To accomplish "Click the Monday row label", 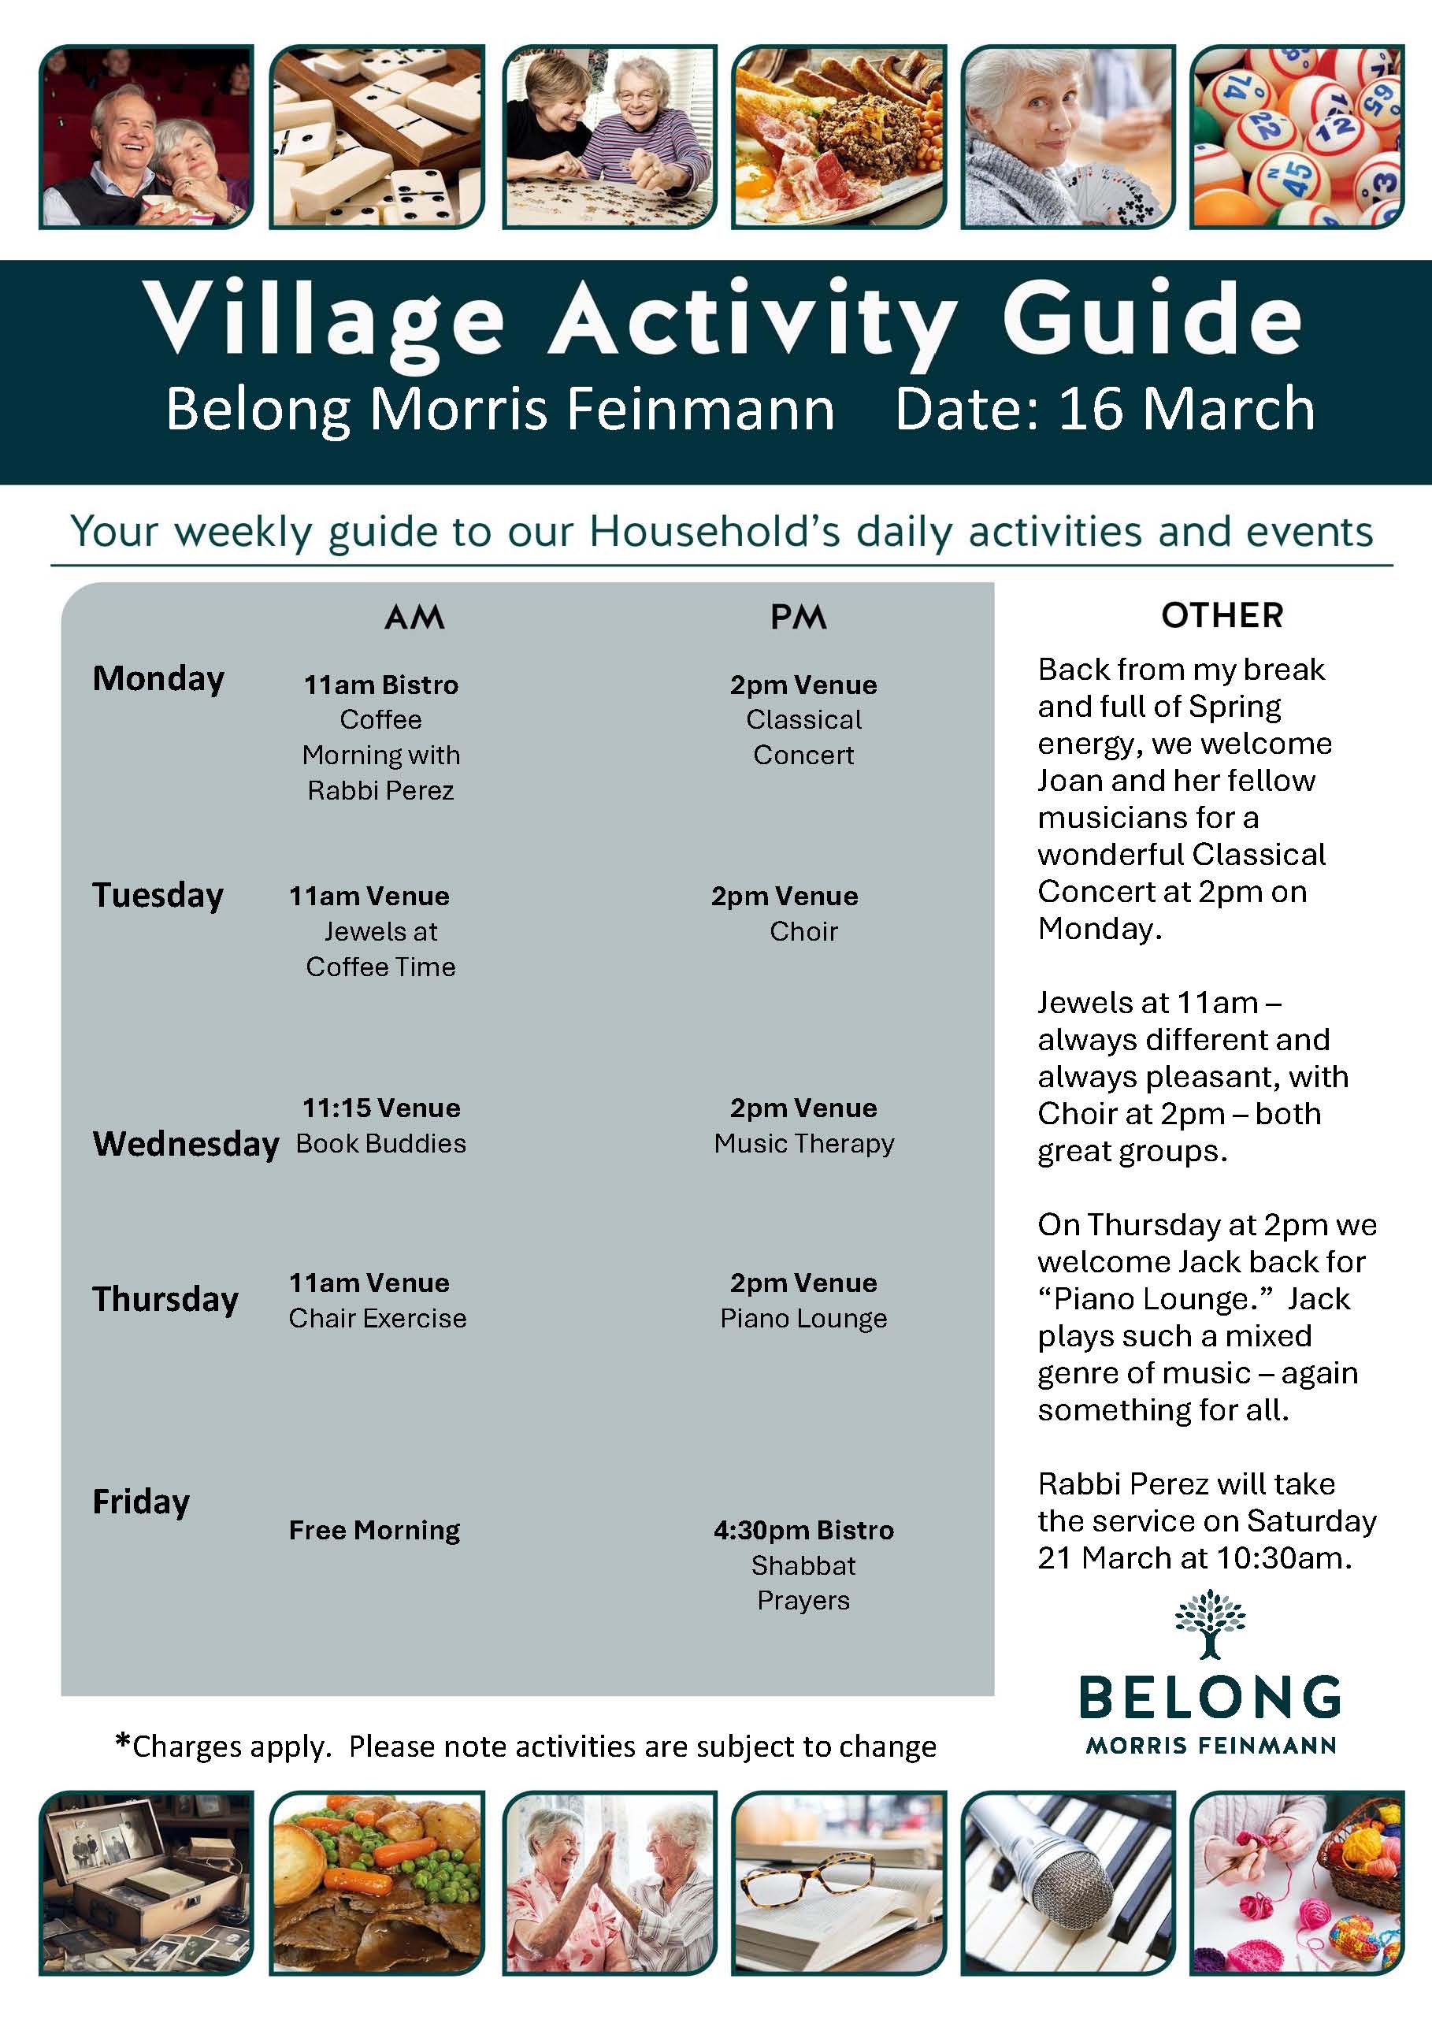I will [x=158, y=679].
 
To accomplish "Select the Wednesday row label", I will [x=185, y=1143].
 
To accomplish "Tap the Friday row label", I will [x=141, y=1502].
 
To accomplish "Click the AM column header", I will [x=414, y=616].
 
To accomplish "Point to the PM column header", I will [x=798, y=616].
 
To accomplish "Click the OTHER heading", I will [x=1222, y=615].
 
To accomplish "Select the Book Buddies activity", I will [x=380, y=1143].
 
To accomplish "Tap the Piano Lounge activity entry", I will [x=803, y=1318].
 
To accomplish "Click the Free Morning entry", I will [x=374, y=1530].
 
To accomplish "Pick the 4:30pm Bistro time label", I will [x=803, y=1530].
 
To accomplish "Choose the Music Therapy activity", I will [x=803, y=1143].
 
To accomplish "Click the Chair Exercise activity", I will [x=377, y=1318].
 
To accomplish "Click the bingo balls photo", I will [x=1296, y=137].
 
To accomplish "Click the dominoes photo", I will [x=377, y=137].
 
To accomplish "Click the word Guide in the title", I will [x=1152, y=317].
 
